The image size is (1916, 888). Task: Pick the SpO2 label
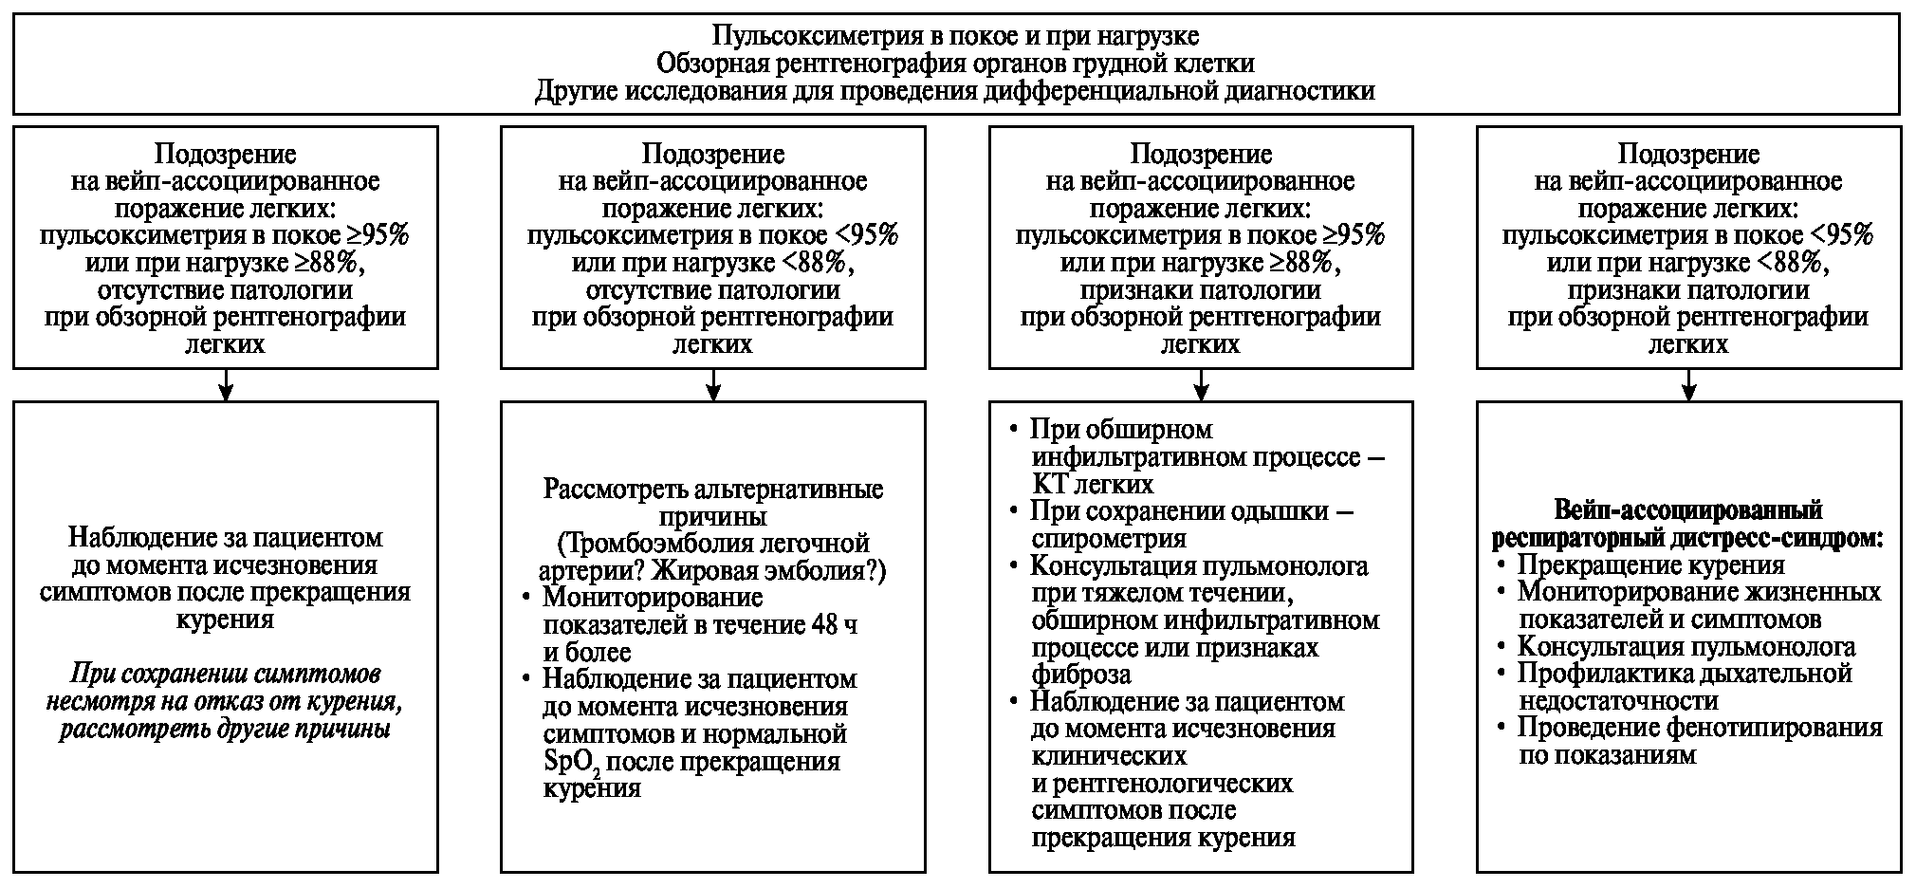point(573,763)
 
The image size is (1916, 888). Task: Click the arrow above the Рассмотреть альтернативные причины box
point(713,385)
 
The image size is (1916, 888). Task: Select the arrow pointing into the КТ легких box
point(1201,385)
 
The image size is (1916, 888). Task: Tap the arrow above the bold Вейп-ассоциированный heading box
point(1688,385)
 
